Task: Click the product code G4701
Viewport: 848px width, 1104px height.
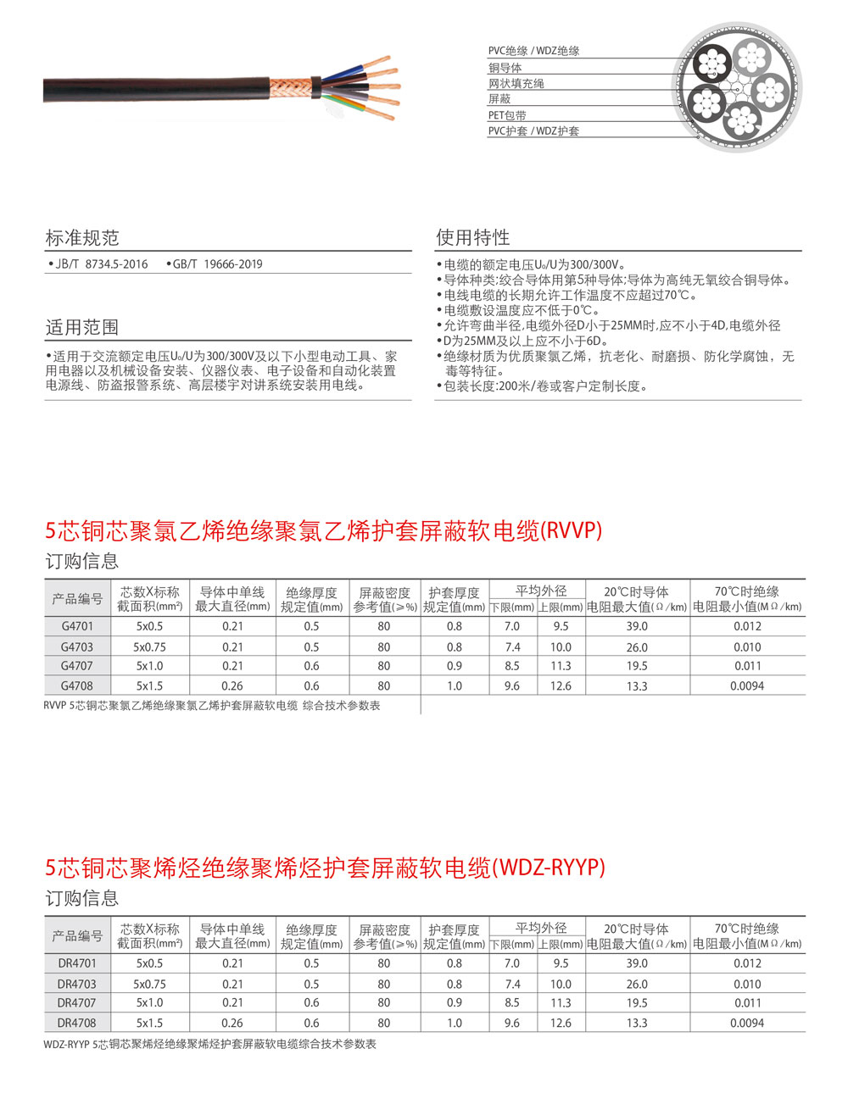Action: click(x=77, y=626)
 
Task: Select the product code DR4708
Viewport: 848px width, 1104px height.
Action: click(x=77, y=1023)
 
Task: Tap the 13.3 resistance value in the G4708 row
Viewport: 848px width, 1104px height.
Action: click(x=637, y=686)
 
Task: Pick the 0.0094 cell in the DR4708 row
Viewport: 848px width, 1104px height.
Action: click(x=747, y=1023)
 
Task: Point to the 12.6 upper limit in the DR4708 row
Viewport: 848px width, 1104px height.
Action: click(x=561, y=1023)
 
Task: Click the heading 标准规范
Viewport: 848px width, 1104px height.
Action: click(x=82, y=237)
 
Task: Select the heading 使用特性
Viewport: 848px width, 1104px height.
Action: click(x=472, y=237)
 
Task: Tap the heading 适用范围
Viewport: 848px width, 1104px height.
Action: click(x=82, y=327)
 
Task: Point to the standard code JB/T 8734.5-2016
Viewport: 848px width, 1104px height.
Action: click(x=101, y=264)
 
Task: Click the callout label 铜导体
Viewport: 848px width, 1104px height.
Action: click(x=505, y=68)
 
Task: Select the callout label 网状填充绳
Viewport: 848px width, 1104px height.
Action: click(x=516, y=83)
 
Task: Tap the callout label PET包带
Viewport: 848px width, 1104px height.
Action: click(x=507, y=115)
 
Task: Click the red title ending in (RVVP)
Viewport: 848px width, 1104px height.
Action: click(x=323, y=531)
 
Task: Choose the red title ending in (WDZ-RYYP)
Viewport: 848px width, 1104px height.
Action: click(x=326, y=868)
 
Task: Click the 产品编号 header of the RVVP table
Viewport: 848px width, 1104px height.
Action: click(x=77, y=599)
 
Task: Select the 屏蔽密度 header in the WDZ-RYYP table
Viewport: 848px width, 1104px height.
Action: click(x=384, y=935)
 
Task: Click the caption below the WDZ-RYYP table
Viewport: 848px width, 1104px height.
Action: click(x=209, y=1044)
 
